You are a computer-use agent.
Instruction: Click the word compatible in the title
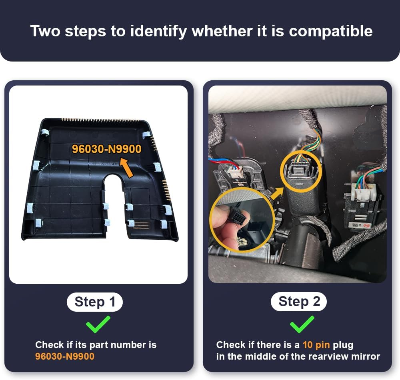331,31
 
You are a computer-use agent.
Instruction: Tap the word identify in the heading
159,31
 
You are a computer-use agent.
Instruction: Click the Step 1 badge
95,302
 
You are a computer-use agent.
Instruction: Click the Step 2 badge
299,302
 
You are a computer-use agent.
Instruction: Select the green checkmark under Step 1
98,324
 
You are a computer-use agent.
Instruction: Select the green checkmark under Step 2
302,324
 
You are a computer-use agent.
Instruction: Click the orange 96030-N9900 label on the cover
107,149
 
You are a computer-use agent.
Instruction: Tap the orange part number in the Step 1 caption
65,356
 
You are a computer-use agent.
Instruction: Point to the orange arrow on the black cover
127,167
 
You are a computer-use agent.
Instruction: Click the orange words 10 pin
316,345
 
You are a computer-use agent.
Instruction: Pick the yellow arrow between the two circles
276,193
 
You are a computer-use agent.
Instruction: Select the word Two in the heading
45,31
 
